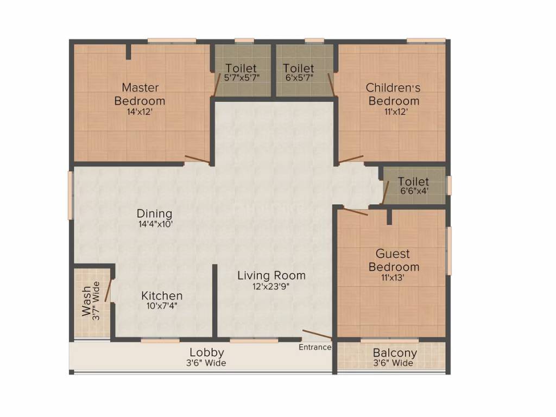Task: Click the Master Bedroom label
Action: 140,94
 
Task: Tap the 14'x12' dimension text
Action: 140,112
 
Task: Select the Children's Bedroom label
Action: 394,94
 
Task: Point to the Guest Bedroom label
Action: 394,260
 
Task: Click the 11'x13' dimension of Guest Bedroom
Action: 394,277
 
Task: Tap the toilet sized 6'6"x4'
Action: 414,186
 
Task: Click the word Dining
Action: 154,213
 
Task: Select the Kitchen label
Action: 162,296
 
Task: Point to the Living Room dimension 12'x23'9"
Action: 271,287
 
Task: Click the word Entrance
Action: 315,347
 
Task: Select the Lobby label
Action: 207,353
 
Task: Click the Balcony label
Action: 395,353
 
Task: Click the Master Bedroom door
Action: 198,160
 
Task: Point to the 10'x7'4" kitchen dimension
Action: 162,306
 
